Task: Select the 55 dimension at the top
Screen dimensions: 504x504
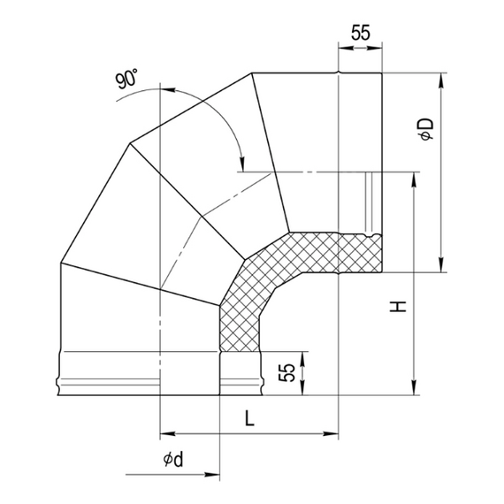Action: pos(360,34)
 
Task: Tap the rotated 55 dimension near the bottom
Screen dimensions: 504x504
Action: pos(286,372)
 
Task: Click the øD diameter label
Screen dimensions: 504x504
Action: pos(425,130)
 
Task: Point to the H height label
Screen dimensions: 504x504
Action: pos(399,308)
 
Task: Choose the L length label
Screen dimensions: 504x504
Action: pos(248,420)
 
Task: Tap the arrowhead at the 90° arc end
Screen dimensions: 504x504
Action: pos(240,159)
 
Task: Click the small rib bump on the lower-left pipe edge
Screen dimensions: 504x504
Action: pos(59,384)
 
